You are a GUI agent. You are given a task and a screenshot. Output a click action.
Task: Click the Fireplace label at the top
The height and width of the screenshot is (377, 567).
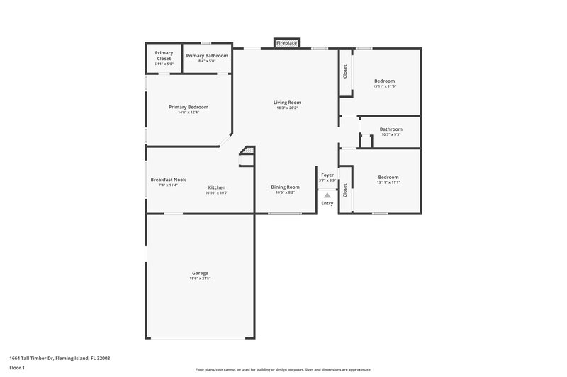(286, 43)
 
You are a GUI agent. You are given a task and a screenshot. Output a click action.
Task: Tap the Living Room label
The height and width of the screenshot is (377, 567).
(287, 103)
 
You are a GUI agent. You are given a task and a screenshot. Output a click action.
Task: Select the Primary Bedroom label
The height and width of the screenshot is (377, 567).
(189, 107)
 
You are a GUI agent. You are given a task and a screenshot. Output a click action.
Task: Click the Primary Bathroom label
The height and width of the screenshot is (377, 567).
(207, 55)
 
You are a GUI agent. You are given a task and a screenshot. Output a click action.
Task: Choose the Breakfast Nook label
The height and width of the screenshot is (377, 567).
(168, 179)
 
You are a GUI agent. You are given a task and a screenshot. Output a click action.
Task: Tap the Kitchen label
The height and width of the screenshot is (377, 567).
(217, 187)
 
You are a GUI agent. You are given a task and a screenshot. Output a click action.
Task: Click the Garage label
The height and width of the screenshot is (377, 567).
(200, 273)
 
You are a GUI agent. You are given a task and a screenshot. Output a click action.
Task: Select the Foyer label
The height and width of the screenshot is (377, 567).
(327, 175)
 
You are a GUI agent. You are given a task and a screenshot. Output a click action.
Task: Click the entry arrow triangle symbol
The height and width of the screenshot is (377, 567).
(327, 196)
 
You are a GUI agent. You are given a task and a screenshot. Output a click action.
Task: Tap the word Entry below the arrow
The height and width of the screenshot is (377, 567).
(327, 204)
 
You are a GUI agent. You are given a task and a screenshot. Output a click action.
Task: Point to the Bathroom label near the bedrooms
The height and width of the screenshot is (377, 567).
(391, 129)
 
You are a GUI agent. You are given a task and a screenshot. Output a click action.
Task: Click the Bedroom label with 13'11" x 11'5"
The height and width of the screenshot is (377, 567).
(384, 81)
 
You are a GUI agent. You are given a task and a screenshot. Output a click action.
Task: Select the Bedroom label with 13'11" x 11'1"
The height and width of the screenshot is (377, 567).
(388, 178)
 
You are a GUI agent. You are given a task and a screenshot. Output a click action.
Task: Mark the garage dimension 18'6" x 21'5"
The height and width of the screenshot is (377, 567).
(200, 279)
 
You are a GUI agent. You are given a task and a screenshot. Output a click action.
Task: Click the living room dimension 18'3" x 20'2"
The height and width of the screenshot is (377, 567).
(287, 108)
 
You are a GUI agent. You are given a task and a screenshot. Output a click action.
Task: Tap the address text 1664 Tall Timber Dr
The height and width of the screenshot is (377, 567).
(60, 358)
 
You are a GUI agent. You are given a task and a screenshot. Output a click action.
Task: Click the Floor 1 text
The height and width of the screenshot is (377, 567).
(16, 368)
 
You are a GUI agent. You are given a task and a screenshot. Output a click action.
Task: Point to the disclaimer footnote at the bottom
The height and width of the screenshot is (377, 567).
(283, 369)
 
